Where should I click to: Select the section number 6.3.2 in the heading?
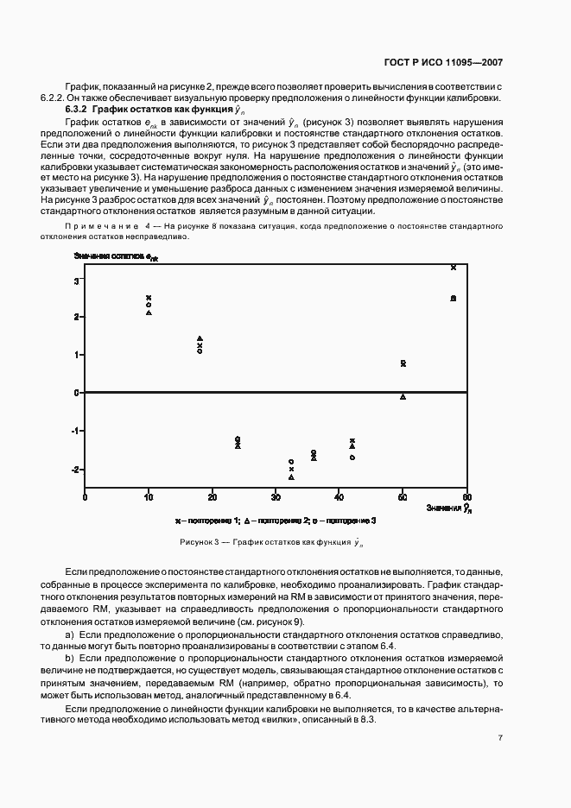tap(78, 110)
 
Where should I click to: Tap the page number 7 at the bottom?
tap(500, 737)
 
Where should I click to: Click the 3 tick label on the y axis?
tap(77, 281)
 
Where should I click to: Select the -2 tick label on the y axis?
tap(75, 470)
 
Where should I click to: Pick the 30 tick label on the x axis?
tap(276, 498)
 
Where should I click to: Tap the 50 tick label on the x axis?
tap(403, 498)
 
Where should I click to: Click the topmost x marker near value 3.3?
tap(454, 268)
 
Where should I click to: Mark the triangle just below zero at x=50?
tap(403, 396)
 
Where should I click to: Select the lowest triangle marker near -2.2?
tap(291, 477)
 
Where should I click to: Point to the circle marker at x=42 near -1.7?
tap(352, 457)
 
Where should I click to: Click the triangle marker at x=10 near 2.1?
tap(149, 312)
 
